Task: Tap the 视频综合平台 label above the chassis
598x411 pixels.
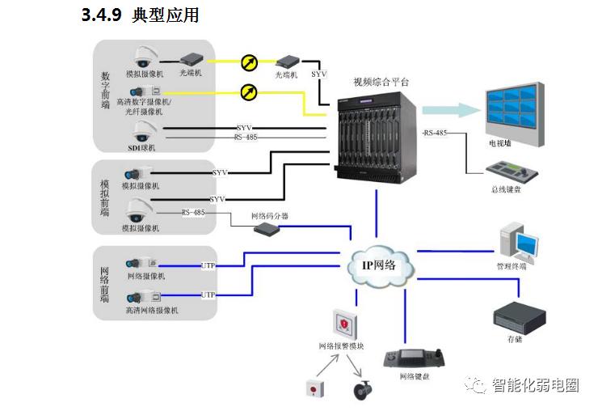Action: [x=381, y=82]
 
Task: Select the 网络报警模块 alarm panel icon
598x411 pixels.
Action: [x=342, y=324]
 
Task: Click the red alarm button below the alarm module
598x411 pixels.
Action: [x=313, y=388]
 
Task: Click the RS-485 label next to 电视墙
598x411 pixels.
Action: [x=436, y=133]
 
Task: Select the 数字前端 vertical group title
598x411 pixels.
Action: [x=105, y=88]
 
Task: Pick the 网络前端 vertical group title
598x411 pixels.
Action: [x=104, y=284]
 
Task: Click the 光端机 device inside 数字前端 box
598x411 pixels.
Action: [x=193, y=59]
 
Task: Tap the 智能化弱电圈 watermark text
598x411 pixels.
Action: [x=537, y=385]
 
